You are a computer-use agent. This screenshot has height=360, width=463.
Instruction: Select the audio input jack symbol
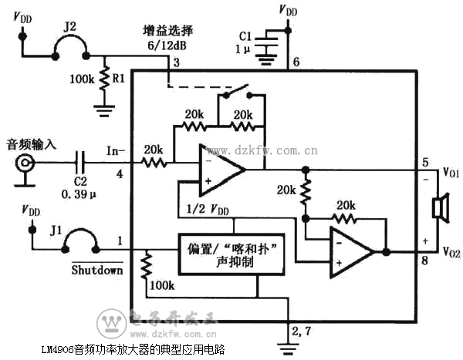tap(25, 163)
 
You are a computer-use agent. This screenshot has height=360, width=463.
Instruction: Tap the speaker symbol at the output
tap(441, 208)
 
